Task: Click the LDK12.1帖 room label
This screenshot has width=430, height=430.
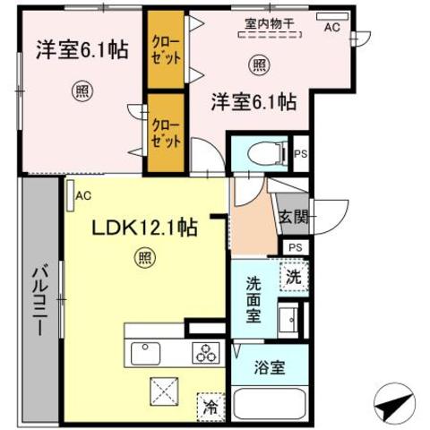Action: tap(144, 228)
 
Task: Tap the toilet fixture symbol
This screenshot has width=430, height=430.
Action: tap(267, 153)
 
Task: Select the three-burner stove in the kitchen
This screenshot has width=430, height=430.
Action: tap(206, 353)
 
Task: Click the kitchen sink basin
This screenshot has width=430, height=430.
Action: tap(145, 353)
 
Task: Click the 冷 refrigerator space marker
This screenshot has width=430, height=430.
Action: tap(211, 407)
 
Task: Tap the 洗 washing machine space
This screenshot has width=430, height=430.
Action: tap(294, 277)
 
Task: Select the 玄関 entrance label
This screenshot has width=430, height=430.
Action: tap(294, 217)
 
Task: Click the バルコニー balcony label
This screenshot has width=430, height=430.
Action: tap(39, 302)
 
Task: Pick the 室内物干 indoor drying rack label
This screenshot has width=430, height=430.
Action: tap(270, 24)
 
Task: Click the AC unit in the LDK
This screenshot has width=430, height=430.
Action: tap(71, 195)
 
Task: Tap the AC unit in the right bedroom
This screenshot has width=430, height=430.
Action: tap(332, 16)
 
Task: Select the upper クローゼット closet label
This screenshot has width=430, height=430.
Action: tap(166, 50)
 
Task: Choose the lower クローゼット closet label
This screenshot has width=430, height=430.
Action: tap(166, 133)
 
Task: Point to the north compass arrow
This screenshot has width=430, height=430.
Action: tap(394, 404)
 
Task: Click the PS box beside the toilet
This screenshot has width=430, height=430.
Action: tap(301, 154)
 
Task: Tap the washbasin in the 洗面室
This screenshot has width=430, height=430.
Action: tap(288, 320)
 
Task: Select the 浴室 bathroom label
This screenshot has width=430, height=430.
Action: tap(270, 367)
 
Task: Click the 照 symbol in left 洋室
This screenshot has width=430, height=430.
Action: tap(82, 91)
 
